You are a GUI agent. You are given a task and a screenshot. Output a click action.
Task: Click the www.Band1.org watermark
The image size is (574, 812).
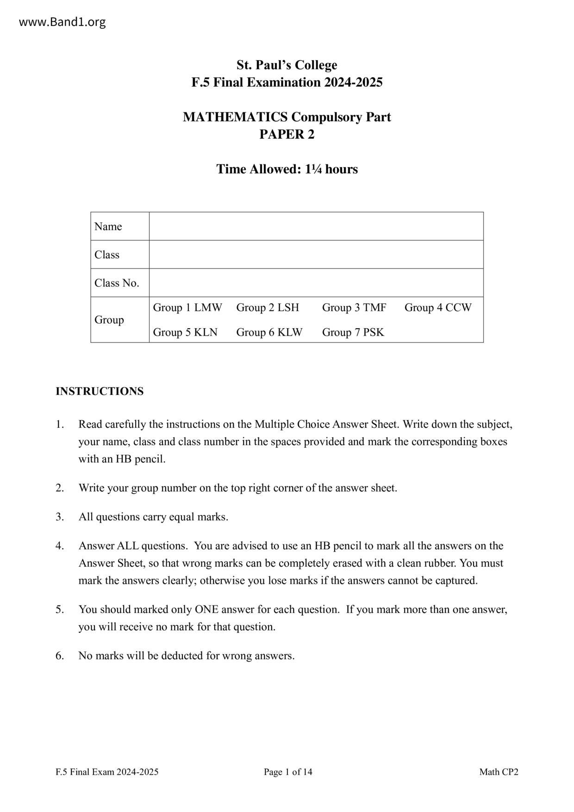click(62, 22)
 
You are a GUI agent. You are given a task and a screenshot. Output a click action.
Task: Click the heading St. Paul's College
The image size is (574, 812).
click(287, 65)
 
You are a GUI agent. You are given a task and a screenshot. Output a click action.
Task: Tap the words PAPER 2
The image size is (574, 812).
click(287, 134)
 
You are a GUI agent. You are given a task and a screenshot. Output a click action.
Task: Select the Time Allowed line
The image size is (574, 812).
click(287, 169)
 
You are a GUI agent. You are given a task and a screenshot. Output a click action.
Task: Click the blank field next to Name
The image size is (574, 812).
click(316, 226)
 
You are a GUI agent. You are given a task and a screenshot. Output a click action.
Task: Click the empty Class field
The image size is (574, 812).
click(316, 255)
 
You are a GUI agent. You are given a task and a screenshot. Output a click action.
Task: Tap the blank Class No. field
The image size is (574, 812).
click(316, 283)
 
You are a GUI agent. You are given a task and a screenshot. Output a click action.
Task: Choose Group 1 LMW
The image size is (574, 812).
click(187, 308)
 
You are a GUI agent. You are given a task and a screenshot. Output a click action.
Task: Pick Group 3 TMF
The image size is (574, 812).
click(354, 308)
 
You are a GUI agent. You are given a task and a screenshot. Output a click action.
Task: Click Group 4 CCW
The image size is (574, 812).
click(438, 308)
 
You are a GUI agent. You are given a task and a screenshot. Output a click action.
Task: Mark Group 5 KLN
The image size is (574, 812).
click(185, 332)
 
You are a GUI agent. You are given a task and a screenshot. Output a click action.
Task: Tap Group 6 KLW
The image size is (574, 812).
click(269, 332)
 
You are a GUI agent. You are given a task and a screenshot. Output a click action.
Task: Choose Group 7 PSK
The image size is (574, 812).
click(353, 332)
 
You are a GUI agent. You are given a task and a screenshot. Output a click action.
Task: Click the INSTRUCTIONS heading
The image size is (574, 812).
click(100, 391)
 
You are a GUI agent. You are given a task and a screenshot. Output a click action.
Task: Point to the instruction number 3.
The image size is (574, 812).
click(60, 517)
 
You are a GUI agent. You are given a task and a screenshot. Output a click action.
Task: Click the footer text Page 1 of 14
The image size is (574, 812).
click(288, 772)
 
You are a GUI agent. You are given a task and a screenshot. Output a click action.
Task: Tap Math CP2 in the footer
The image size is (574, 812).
click(499, 772)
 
